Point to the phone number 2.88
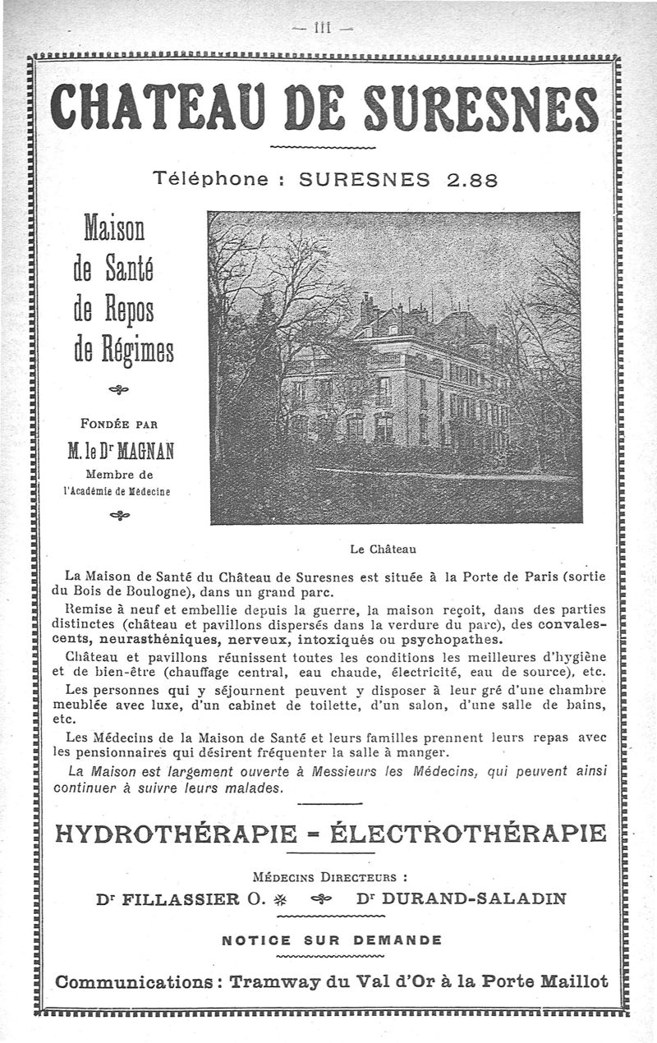(472, 179)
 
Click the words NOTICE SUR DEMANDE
(332, 940)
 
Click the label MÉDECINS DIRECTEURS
(332, 875)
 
